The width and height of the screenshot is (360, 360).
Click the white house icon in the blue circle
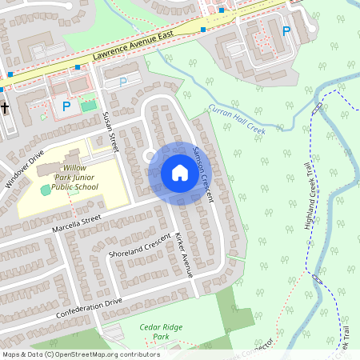179,172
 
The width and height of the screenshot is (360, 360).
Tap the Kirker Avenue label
183,255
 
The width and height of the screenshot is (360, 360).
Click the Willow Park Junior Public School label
74,176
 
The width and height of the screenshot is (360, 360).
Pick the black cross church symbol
5,106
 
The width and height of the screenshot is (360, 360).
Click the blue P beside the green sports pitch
67,105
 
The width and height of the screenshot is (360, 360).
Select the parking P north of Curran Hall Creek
286,31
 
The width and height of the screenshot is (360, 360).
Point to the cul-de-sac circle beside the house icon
150,155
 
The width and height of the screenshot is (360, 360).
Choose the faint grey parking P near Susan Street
122,82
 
